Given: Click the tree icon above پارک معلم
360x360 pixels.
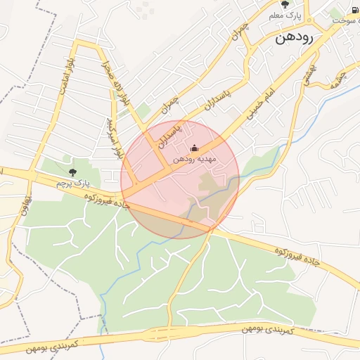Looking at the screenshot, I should pos(284,4).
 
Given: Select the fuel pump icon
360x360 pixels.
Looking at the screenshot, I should pos(353,10).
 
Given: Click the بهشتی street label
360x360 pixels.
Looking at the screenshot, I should pos(309,72).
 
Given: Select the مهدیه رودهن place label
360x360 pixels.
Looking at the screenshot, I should pos(195,160).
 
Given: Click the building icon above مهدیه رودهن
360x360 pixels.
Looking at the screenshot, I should pos(195,148).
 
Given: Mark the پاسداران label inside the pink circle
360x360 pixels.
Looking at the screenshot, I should pos(169,134).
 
